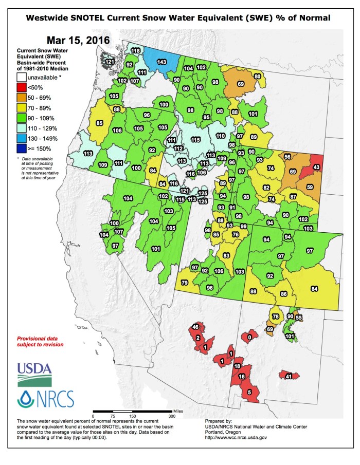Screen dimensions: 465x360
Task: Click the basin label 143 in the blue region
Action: (161, 62)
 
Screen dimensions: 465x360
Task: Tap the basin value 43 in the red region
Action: (317, 167)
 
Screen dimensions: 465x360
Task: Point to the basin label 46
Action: (195, 327)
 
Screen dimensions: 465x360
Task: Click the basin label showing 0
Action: (249, 338)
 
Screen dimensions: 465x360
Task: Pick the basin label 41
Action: (289, 376)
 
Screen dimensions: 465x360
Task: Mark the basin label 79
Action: (184, 283)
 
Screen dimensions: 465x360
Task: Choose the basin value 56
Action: (287, 156)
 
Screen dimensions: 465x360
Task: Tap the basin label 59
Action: (310, 187)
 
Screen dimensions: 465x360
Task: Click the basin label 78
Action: (276, 316)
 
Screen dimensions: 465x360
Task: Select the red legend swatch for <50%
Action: (21, 87)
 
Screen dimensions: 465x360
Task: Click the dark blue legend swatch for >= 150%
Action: (21, 149)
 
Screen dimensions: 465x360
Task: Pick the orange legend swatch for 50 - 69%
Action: (21, 98)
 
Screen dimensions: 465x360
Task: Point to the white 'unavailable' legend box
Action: (21, 77)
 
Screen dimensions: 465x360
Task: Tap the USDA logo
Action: (34, 375)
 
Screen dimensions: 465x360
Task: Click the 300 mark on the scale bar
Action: (171, 416)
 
